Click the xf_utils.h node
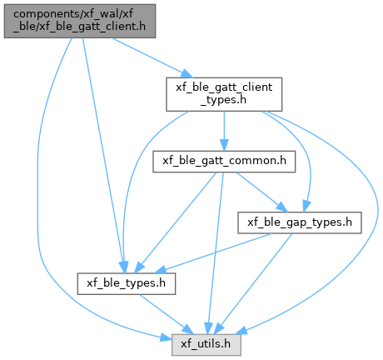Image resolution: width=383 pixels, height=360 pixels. click(206, 344)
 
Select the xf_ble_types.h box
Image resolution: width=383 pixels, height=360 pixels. click(127, 283)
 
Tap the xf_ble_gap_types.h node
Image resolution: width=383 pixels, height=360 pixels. click(300, 222)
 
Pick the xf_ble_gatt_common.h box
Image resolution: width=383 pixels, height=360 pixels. click(224, 162)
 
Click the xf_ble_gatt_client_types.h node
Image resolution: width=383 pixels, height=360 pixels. click(224, 94)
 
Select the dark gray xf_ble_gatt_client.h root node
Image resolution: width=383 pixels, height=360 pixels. click(80, 21)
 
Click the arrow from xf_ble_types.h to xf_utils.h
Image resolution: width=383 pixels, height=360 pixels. click(166, 314)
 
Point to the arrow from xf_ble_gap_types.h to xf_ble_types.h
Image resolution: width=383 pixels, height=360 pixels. click(214, 252)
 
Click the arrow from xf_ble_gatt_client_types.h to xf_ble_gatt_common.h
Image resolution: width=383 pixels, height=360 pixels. click(224, 131)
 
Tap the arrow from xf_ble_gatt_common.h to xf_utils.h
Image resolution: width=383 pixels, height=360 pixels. click(216, 252)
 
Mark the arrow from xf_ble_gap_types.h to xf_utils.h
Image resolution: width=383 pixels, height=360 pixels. click(252, 283)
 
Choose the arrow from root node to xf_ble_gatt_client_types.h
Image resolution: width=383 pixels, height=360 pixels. click(152, 57)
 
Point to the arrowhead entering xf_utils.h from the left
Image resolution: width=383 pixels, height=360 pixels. click(166, 337)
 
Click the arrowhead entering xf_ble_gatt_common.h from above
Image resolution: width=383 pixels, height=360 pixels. click(224, 145)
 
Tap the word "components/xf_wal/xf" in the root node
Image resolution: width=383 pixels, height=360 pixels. click(73, 14)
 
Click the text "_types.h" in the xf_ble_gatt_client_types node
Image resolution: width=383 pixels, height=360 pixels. click(223, 100)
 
